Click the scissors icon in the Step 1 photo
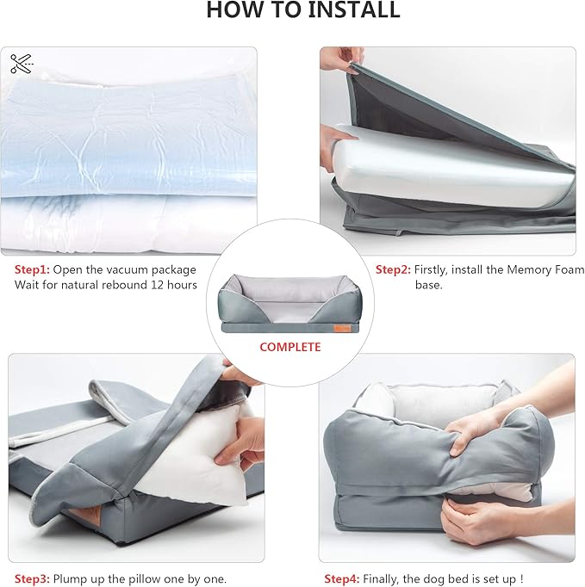(x=22, y=64)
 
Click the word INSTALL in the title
(x=354, y=9)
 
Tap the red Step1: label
(x=32, y=269)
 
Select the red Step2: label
(x=393, y=269)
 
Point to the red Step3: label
(x=32, y=578)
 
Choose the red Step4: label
(x=342, y=578)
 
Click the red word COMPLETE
(x=290, y=347)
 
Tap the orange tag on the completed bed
(x=342, y=328)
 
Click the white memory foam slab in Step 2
(x=450, y=169)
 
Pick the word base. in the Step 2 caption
(x=429, y=285)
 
